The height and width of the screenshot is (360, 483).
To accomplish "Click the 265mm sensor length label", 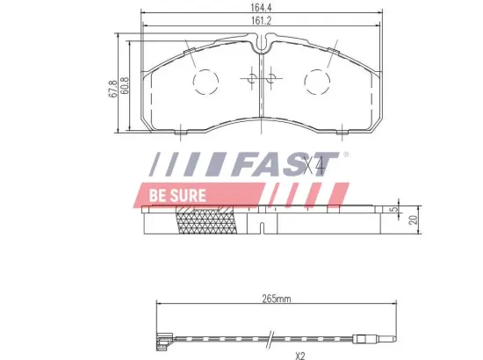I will [x=276, y=299].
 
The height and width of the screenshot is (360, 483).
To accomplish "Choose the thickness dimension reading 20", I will [x=411, y=220].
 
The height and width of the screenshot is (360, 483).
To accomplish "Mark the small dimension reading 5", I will [x=392, y=212].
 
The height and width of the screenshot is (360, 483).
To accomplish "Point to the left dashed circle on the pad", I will [x=205, y=81].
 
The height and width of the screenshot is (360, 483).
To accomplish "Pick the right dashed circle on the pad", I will [x=318, y=81].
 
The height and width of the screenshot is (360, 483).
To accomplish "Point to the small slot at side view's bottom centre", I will [x=263, y=229].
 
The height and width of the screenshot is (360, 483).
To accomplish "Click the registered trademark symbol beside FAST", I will [x=345, y=155].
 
